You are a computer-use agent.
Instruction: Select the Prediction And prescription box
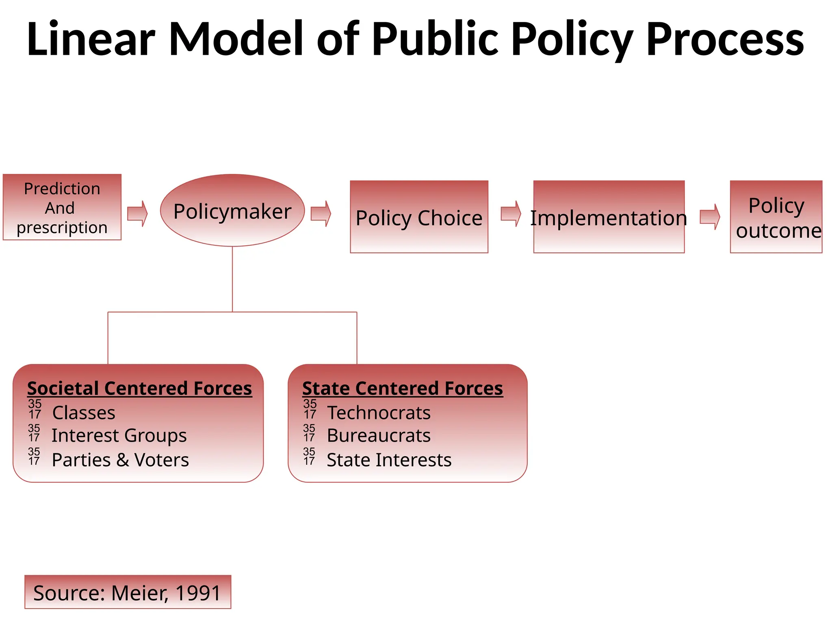[x=62, y=207]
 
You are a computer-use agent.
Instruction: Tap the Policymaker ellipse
[x=232, y=210]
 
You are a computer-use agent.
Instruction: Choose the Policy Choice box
[x=419, y=217]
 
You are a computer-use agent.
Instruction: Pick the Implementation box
[x=609, y=217]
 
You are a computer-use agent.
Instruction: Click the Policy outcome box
[x=776, y=217]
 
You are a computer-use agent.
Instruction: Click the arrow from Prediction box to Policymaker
[x=137, y=214]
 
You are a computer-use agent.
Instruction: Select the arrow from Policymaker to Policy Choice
[x=321, y=214]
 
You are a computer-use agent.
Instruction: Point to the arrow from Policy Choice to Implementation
[x=511, y=214]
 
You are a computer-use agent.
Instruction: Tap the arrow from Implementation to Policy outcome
[x=710, y=217]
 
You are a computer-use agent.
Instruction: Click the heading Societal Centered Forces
[x=139, y=388]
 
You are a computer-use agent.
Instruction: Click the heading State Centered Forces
[x=403, y=388]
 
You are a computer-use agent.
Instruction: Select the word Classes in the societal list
[x=84, y=413]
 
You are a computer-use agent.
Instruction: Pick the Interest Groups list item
[x=119, y=436]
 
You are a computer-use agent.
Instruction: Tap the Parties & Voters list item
[x=120, y=460]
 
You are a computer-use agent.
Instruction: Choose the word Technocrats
[x=379, y=413]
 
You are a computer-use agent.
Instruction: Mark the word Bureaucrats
[x=379, y=436]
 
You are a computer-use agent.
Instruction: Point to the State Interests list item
[x=389, y=460]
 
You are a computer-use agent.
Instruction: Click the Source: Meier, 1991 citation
[x=128, y=593]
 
